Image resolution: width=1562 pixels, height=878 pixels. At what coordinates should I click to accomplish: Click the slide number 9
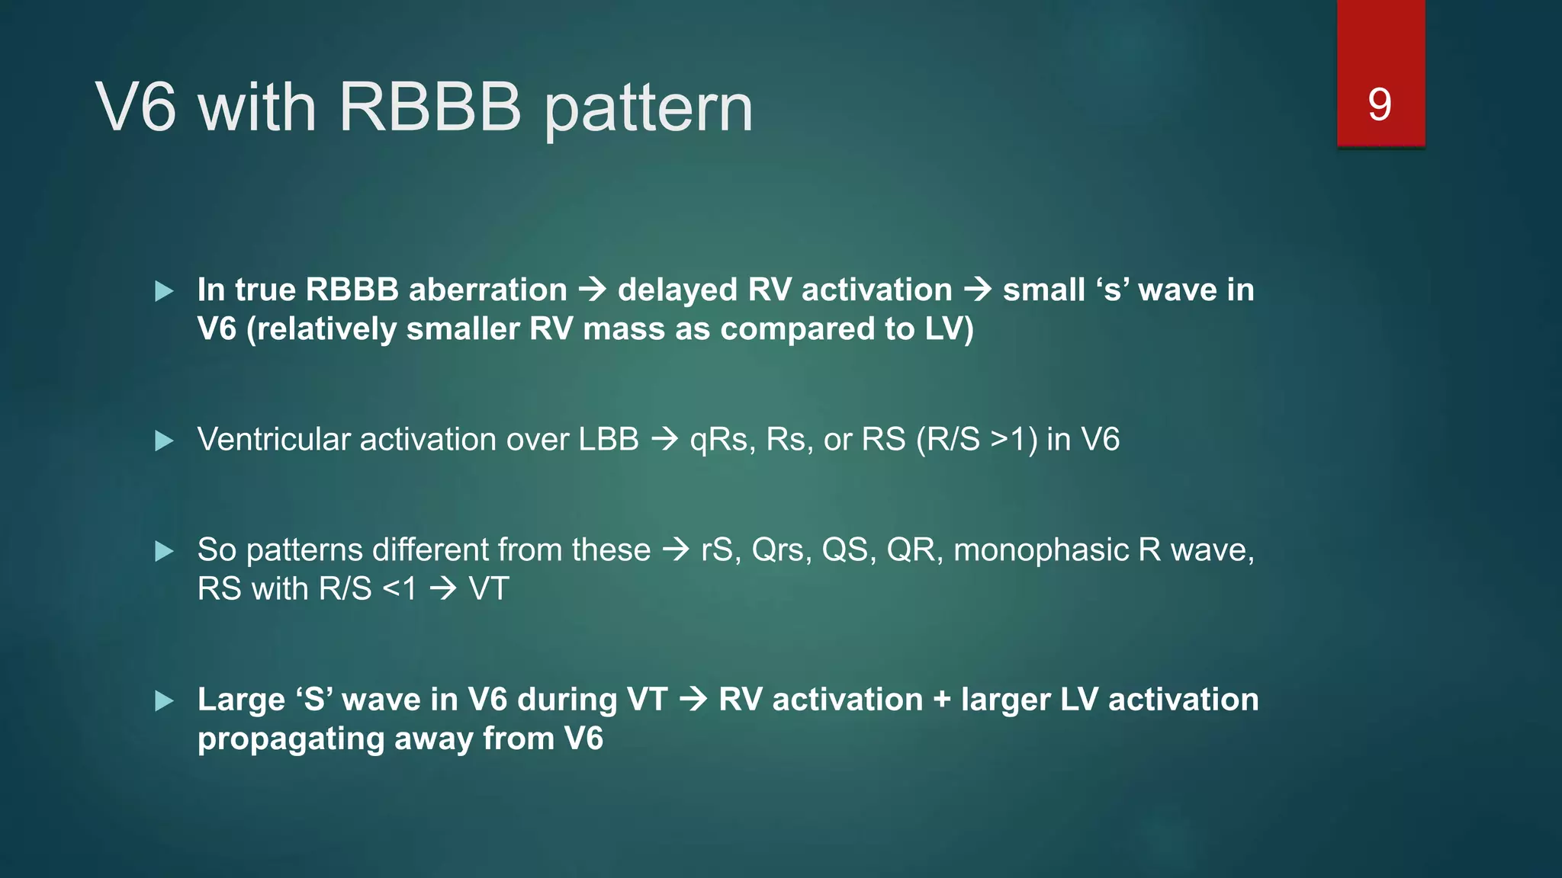1380,104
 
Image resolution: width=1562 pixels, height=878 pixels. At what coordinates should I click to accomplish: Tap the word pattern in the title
648,111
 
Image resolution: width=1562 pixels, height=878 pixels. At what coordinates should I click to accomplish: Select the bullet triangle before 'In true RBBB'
164,291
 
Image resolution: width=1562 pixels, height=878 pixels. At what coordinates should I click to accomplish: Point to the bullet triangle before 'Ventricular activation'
164,441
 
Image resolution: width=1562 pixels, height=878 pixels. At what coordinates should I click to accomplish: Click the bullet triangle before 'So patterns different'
164,551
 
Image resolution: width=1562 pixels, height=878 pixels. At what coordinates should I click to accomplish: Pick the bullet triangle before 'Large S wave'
164,700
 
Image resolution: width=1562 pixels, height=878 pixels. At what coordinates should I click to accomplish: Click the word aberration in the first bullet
488,290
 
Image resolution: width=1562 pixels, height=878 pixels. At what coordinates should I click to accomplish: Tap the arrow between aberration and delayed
593,290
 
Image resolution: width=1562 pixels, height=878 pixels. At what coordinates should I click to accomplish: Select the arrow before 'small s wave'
978,290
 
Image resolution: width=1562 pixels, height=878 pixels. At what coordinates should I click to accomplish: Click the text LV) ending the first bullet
950,329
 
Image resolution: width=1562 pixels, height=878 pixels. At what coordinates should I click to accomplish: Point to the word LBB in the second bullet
609,440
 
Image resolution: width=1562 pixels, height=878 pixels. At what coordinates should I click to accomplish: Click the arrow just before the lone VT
443,588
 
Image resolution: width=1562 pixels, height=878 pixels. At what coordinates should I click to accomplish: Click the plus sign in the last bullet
942,700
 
